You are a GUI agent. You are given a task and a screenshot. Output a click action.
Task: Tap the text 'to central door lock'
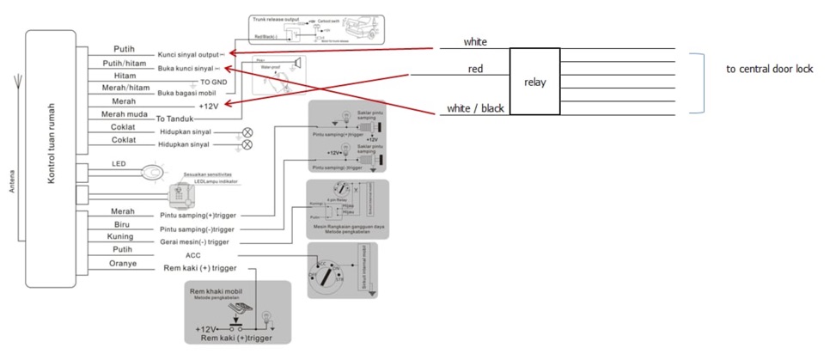[769, 69]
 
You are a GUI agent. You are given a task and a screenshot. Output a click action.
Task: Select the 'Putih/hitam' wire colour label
[124, 63]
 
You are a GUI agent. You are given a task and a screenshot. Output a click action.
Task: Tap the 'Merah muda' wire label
[124, 114]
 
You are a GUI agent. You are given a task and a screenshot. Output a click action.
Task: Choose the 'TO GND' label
[213, 82]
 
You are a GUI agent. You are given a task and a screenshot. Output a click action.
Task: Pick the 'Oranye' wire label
[124, 264]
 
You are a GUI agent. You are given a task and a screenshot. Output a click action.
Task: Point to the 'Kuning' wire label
[119, 236]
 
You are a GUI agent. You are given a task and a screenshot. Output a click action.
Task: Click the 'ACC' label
[192, 255]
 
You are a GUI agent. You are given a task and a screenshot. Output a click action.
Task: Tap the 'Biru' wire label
[121, 223]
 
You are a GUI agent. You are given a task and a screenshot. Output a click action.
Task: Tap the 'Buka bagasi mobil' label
[186, 92]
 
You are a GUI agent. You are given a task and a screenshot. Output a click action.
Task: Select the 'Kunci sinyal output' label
[188, 54]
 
